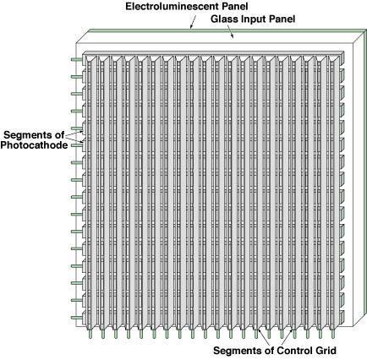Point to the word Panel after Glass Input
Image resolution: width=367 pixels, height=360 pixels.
click(282, 19)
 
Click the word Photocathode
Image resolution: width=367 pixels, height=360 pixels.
click(34, 145)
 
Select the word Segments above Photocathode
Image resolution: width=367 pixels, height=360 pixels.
click(30, 135)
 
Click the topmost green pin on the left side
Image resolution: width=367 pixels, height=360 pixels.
click(76, 59)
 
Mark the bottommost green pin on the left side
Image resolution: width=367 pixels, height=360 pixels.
click(76, 318)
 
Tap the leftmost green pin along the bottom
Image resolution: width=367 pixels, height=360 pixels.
click(90, 334)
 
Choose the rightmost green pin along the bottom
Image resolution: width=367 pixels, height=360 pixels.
click(333, 334)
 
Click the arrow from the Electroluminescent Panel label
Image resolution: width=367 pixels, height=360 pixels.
click(193, 22)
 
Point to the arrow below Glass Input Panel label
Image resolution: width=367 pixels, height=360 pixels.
click(230, 31)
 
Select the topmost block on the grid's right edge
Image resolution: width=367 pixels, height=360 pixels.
click(342, 57)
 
